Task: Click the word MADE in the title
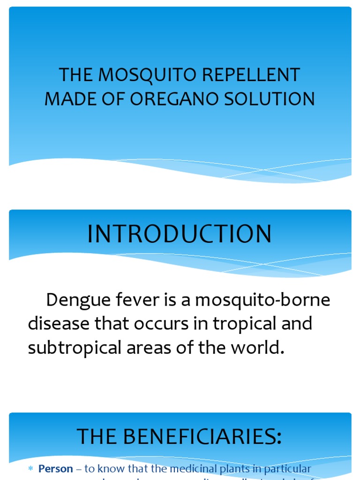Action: pyautogui.click(x=69, y=99)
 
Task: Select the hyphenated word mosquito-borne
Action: pyautogui.click(x=262, y=300)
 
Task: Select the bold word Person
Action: pyautogui.click(x=56, y=469)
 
